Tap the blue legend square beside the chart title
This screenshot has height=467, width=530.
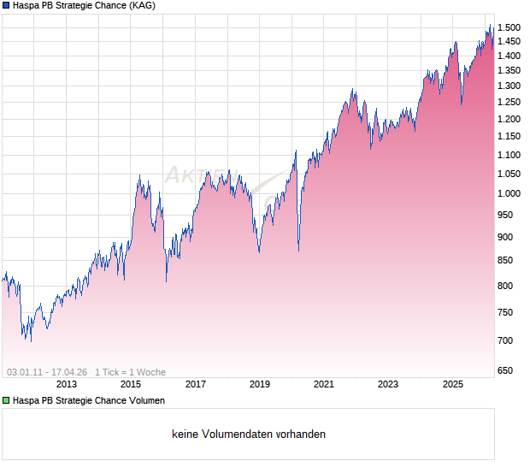point(6,6)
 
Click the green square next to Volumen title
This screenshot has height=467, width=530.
point(6,400)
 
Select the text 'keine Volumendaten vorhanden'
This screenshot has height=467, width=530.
point(249,434)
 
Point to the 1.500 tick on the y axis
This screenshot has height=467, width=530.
point(509,27)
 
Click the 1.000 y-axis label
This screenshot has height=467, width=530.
point(509,193)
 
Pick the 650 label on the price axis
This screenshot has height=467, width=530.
point(507,370)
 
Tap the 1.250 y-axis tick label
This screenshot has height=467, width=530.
point(509,102)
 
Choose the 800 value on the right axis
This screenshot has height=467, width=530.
point(507,286)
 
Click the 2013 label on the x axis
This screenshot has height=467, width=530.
point(67,385)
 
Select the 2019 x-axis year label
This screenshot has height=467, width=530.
point(260,385)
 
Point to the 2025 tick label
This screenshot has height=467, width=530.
point(453,385)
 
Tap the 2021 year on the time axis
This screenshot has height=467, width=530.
point(324,385)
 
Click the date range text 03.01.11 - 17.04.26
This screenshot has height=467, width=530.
point(47,372)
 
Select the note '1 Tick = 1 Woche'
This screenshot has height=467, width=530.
point(131,372)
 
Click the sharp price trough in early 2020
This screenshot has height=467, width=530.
point(298,251)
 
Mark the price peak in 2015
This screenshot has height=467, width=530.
point(139,175)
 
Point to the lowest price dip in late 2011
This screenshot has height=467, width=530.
point(32,341)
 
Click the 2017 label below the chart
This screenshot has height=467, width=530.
point(196,385)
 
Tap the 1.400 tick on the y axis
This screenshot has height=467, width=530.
point(509,56)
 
